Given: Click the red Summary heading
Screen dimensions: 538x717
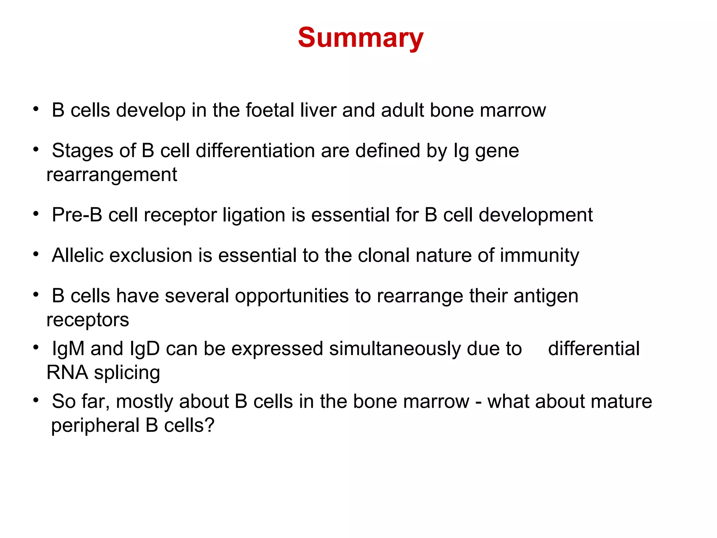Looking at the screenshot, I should pyautogui.click(x=361, y=38).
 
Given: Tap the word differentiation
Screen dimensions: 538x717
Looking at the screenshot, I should pyautogui.click(x=255, y=151).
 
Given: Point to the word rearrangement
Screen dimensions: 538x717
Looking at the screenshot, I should pyautogui.click(x=112, y=175).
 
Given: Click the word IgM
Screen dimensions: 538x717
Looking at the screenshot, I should pyautogui.click(x=68, y=349).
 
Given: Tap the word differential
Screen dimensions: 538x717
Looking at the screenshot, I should pyautogui.click(x=594, y=349).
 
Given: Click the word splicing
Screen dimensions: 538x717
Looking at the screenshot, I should pyautogui.click(x=127, y=373).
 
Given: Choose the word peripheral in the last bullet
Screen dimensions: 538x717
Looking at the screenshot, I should pyautogui.click(x=95, y=426).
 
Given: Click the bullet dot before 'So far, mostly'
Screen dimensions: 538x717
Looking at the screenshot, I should pyautogui.click(x=36, y=400).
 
